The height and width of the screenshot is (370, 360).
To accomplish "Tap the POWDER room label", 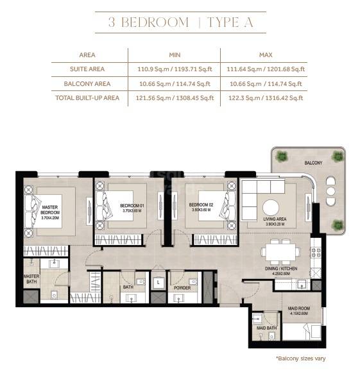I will (x=182, y=288).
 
